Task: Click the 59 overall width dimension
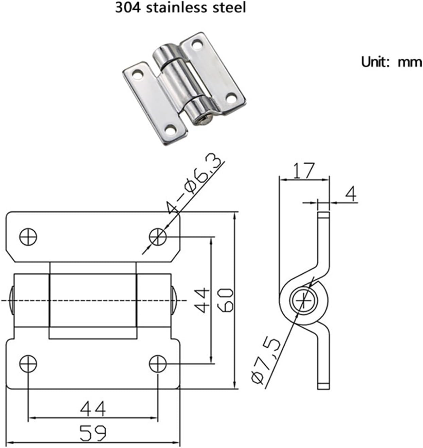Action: (93, 433)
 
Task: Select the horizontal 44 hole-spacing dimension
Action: (93, 409)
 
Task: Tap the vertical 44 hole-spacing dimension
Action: (203, 300)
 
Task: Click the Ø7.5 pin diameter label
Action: (266, 361)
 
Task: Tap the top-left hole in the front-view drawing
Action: (28, 236)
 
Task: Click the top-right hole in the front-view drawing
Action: (158, 236)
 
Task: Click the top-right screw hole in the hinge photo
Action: (196, 43)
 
